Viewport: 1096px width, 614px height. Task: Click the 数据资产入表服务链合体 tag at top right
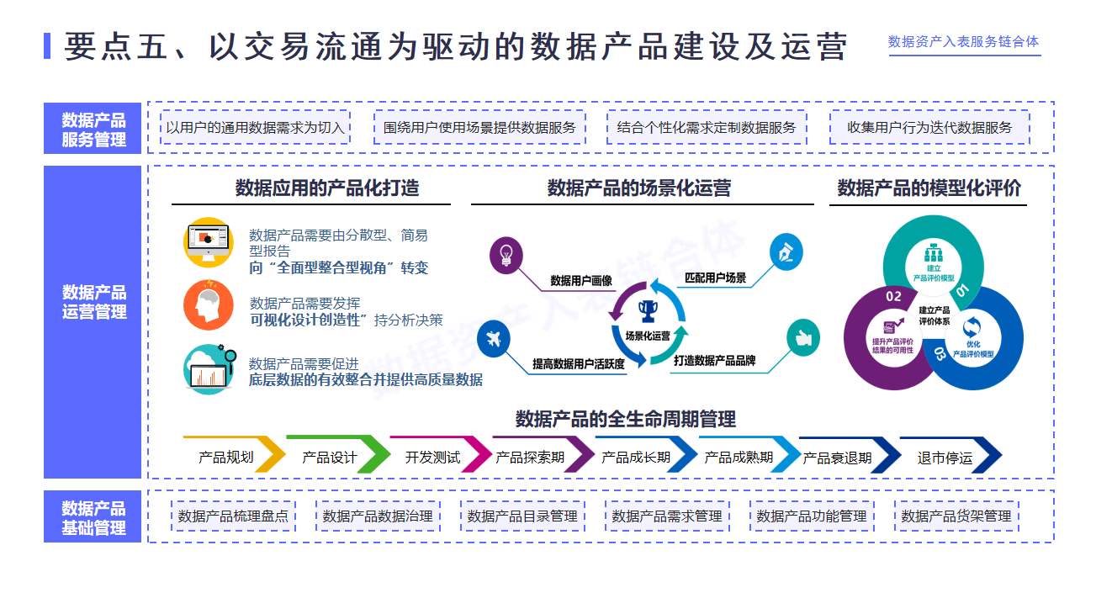pyautogui.click(x=964, y=42)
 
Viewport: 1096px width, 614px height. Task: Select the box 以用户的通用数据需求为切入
pyautogui.click(x=256, y=128)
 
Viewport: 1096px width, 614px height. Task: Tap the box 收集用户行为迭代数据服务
pyautogui.click(x=929, y=128)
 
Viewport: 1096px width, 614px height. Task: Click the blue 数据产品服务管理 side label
pyautogui.click(x=93, y=130)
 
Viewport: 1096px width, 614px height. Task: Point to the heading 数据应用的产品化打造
pyautogui.click(x=326, y=188)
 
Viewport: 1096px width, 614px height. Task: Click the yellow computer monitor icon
pyautogui.click(x=207, y=243)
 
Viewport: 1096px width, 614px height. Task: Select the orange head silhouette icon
pyautogui.click(x=207, y=305)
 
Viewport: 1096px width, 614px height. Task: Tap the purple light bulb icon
pyautogui.click(x=506, y=252)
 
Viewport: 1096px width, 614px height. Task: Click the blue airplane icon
pyautogui.click(x=494, y=340)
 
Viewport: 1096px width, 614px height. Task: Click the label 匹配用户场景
pyautogui.click(x=715, y=278)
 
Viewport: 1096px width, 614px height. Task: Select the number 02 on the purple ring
pyautogui.click(x=893, y=296)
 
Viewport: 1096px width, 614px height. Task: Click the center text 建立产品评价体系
pyautogui.click(x=935, y=315)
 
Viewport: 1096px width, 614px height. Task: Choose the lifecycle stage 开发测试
pyautogui.click(x=432, y=458)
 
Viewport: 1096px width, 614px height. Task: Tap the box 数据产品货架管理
pyautogui.click(x=956, y=516)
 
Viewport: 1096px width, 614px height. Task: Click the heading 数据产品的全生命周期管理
pyautogui.click(x=626, y=419)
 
